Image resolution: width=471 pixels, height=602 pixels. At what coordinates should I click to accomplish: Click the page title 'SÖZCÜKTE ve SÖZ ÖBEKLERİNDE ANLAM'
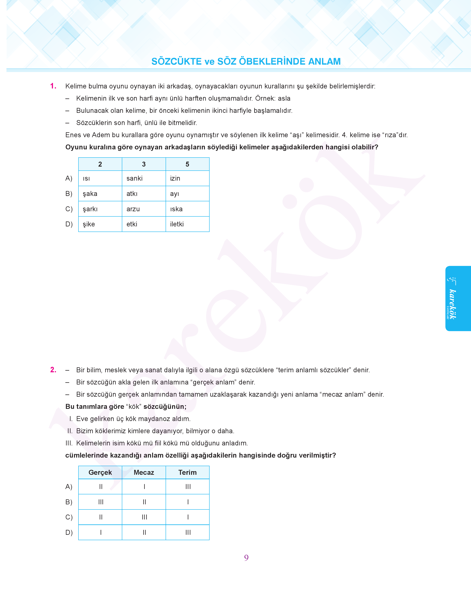click(x=246, y=61)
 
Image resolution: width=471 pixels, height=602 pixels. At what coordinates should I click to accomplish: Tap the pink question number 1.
click(x=53, y=86)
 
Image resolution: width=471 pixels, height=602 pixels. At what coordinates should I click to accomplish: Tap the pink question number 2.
click(x=53, y=370)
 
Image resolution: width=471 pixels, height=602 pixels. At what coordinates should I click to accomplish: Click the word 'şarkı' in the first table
click(x=90, y=209)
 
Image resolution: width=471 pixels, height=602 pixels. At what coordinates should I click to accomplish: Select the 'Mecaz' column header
click(x=144, y=472)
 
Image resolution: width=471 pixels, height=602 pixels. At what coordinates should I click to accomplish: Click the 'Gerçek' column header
click(x=100, y=472)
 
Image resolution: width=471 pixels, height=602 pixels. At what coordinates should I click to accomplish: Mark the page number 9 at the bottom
click(x=246, y=558)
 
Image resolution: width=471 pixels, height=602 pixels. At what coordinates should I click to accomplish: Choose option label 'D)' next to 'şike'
click(x=69, y=224)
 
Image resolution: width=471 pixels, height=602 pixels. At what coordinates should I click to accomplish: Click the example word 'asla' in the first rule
click(x=284, y=98)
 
